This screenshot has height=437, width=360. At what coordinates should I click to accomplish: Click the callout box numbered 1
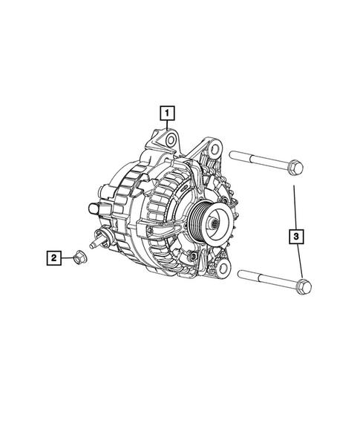(168, 114)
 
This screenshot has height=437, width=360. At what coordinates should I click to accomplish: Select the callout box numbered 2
(53, 258)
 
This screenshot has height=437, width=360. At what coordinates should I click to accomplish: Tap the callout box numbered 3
(296, 237)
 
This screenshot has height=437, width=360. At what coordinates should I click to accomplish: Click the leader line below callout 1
(168, 127)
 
